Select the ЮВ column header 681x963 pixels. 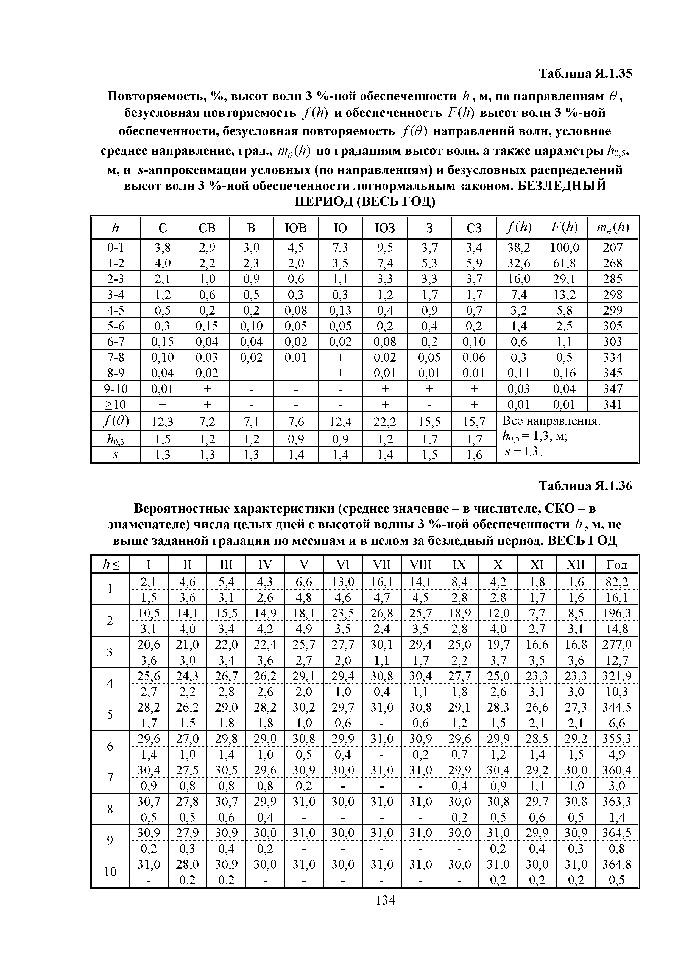(x=295, y=228)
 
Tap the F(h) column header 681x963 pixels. (x=564, y=228)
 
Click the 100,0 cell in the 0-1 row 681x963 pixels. (x=564, y=247)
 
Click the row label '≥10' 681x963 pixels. (x=115, y=404)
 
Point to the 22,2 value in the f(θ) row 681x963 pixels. (x=385, y=421)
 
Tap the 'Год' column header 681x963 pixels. (x=616, y=565)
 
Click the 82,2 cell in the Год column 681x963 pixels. (x=616, y=582)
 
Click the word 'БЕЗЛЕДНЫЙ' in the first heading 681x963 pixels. (x=562, y=185)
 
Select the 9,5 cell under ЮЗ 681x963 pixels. (x=385, y=247)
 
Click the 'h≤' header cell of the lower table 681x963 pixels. (x=110, y=565)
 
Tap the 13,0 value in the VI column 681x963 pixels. (x=342, y=582)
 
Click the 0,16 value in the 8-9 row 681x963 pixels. (x=564, y=373)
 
